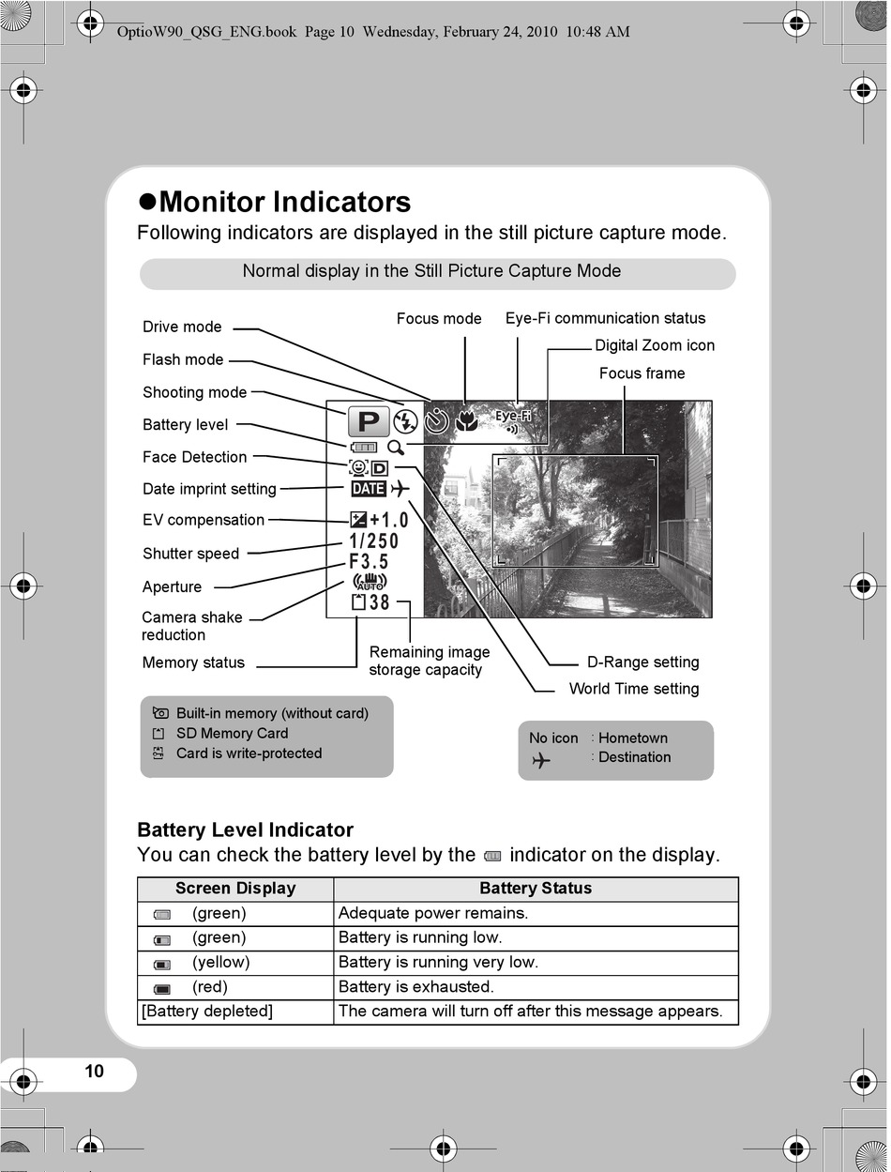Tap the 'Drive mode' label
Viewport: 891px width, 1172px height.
[182, 327]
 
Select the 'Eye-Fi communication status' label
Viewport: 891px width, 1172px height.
[605, 318]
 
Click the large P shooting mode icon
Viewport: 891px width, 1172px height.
[369, 421]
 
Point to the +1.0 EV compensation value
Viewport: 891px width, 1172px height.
[388, 520]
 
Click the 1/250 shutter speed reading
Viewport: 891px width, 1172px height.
[374, 541]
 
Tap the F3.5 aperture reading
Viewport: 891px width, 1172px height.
[369, 562]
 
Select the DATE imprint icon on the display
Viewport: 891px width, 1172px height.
[369, 489]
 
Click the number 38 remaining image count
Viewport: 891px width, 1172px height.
[379, 602]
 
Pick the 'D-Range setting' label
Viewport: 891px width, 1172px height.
[642, 662]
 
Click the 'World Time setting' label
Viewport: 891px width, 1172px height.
[634, 689]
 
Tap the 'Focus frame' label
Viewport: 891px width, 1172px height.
[642, 373]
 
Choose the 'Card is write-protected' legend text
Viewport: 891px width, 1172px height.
[249, 753]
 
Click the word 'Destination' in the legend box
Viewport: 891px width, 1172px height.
[634, 757]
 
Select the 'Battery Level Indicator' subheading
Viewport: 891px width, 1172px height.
[245, 830]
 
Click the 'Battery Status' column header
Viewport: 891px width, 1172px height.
[536, 889]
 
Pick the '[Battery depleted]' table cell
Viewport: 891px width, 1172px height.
[207, 1012]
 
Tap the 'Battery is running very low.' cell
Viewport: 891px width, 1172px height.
[438, 962]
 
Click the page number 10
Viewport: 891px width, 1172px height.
[94, 1072]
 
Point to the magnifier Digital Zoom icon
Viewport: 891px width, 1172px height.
[396, 448]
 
